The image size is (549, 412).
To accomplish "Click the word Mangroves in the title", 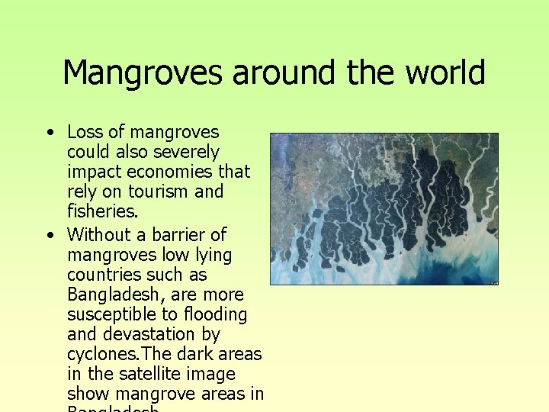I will [144, 73].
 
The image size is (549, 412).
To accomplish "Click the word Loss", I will [85, 133].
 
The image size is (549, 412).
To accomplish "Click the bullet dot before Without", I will [49, 234].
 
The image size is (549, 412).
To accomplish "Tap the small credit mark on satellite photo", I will [493, 282].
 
